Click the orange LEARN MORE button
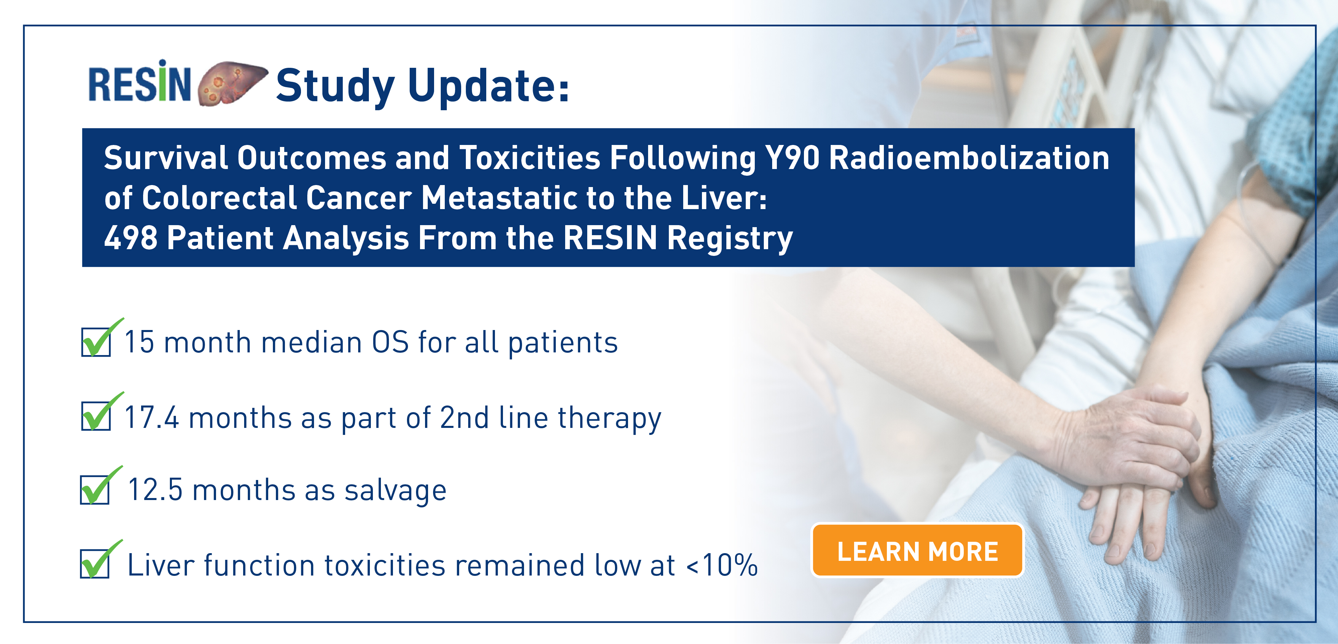[x=917, y=550]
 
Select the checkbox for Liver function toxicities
[x=95, y=563]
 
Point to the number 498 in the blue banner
[x=131, y=238]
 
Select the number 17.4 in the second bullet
[x=152, y=417]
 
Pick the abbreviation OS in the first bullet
[x=390, y=342]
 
